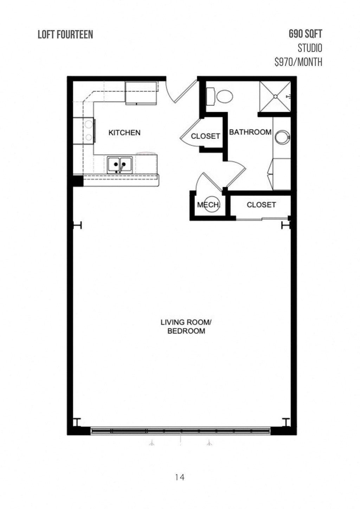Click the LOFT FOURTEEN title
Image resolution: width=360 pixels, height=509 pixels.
click(65, 34)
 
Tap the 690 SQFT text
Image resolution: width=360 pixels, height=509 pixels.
click(305, 34)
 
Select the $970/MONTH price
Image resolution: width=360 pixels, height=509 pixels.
click(298, 62)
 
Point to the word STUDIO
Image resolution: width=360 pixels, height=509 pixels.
click(310, 48)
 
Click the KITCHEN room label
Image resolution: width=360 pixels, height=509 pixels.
click(124, 133)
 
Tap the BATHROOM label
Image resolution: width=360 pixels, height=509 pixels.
click(250, 132)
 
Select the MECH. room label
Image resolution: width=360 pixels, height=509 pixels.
click(208, 205)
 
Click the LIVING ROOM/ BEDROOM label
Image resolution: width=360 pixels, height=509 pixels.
click(186, 327)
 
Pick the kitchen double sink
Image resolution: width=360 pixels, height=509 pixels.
click(120, 165)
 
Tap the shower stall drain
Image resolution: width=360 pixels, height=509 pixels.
click(275, 96)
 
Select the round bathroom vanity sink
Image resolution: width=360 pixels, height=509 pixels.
click(282, 137)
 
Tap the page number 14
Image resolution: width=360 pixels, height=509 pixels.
click(180, 477)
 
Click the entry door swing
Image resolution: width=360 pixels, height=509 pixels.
click(179, 92)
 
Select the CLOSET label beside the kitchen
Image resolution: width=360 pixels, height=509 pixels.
click(205, 136)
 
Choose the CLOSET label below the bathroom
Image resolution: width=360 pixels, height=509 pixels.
click(261, 205)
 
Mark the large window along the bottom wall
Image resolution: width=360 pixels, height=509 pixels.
click(180, 430)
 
